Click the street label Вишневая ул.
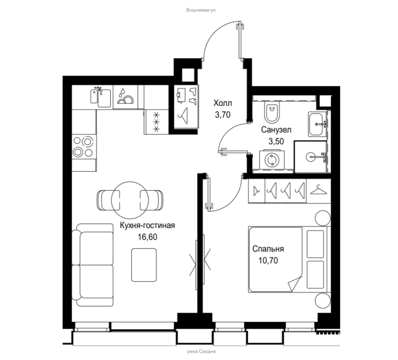coord(201,10)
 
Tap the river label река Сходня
coord(201,351)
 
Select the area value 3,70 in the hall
coord(223,115)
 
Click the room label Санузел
coord(276,130)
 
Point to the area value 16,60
coord(147,237)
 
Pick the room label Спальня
coord(268,249)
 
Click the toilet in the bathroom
coord(272,112)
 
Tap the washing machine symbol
coord(272,160)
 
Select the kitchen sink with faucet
coord(101,97)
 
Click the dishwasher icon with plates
coord(125,97)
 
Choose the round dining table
coord(130,200)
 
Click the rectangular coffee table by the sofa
coord(144,265)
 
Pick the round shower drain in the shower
coord(311,157)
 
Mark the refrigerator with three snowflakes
coord(156,122)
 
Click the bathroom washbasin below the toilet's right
coord(316,124)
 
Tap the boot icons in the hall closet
coord(193,96)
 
